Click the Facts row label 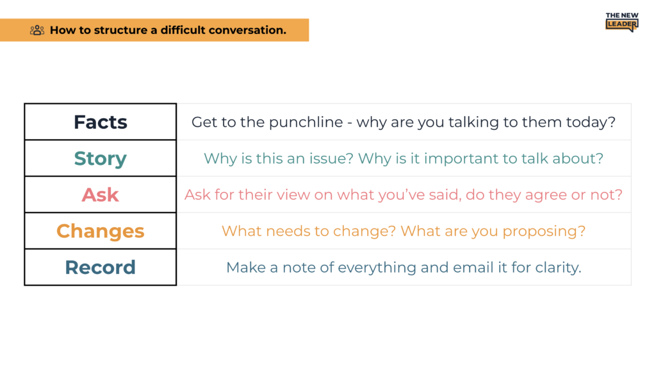point(101,122)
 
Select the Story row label point(101,158)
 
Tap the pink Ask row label point(101,195)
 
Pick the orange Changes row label point(101,231)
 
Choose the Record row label point(101,268)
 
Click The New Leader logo point(622,22)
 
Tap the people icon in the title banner point(37,30)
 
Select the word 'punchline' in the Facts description point(306,123)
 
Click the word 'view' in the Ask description point(295,195)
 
